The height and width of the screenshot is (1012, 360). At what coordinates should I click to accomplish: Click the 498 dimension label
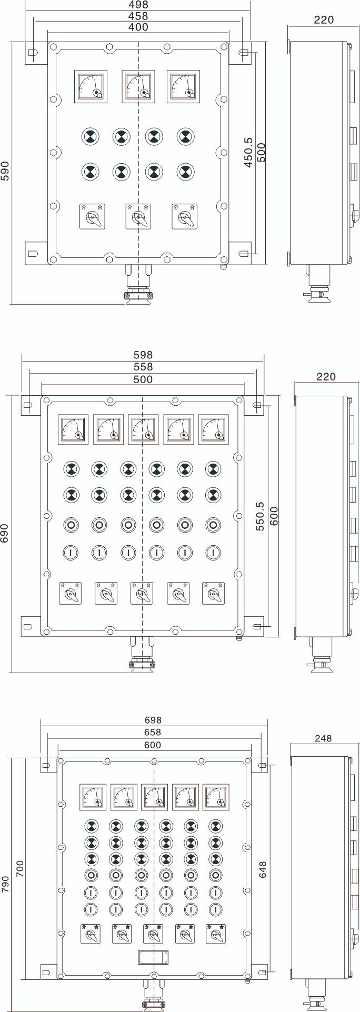[x=138, y=5]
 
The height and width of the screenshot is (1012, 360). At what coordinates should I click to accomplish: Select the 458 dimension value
[x=138, y=16]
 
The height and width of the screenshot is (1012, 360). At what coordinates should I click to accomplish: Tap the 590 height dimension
[x=5, y=172]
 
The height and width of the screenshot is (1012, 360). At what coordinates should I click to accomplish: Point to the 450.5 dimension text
[x=248, y=153]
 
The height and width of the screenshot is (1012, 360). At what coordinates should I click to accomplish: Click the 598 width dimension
[x=143, y=355]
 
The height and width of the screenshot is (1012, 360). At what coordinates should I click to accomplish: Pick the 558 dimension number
[x=143, y=367]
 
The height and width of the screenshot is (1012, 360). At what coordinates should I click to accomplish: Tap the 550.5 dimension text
[x=260, y=516]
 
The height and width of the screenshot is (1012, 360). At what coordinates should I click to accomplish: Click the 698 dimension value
[x=153, y=720]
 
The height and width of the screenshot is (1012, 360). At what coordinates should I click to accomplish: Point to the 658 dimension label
[x=153, y=732]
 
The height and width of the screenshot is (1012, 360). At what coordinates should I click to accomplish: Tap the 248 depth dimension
[x=323, y=738]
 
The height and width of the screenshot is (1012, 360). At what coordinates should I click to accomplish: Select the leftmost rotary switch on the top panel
[x=92, y=216]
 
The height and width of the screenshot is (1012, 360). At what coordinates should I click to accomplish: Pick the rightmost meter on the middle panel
[x=214, y=429]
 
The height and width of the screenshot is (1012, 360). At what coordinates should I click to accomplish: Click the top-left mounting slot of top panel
[x=33, y=53]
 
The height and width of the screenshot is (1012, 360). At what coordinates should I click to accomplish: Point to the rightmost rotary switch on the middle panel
[x=214, y=593]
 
